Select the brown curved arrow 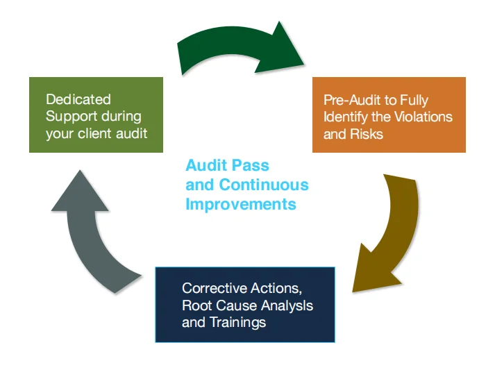pyautogui.click(x=393, y=229)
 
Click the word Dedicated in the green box pyautogui.click(x=78, y=100)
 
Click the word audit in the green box pyautogui.click(x=131, y=133)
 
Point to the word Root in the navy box pyautogui.click(x=196, y=305)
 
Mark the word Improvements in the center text pyautogui.click(x=240, y=204)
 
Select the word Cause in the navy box pyautogui.click(x=236, y=305)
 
